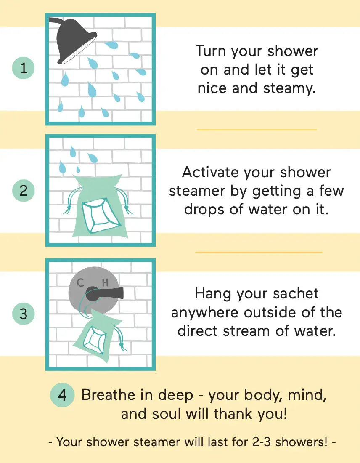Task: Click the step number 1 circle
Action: [x=24, y=68]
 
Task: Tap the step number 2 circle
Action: [x=24, y=191]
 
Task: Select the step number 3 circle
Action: [x=24, y=314]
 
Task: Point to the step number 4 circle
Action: [x=62, y=396]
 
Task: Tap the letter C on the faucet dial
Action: [x=80, y=283]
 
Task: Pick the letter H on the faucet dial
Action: [x=105, y=283]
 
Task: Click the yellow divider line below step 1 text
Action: [x=257, y=130]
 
